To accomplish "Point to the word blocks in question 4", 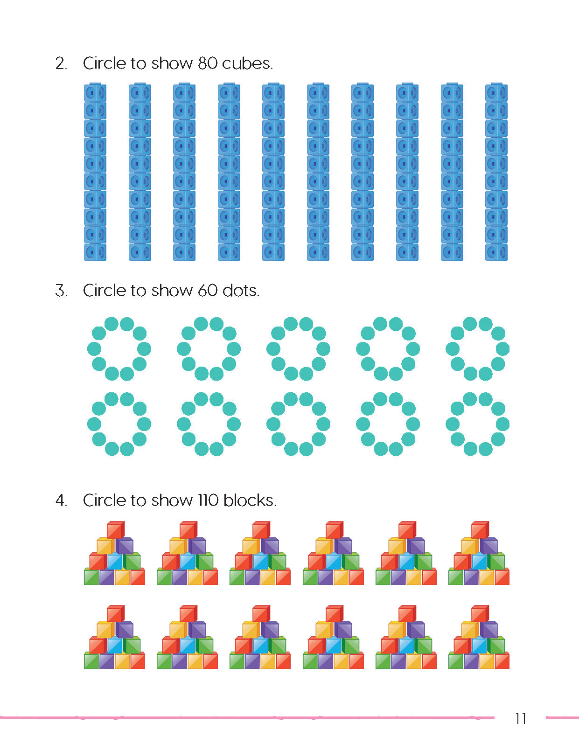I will click(250, 501).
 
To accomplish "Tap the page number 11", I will click(521, 718).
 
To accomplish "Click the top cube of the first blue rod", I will click(95, 93).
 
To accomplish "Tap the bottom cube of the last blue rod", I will click(496, 252).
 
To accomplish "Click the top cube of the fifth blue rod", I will click(273, 93).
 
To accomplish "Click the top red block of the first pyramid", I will click(115, 530).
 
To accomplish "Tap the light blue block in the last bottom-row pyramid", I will click(479, 645).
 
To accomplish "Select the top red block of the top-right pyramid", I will click(480, 530).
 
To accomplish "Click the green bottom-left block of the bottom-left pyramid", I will click(91, 661).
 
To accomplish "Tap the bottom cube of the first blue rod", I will click(95, 252).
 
